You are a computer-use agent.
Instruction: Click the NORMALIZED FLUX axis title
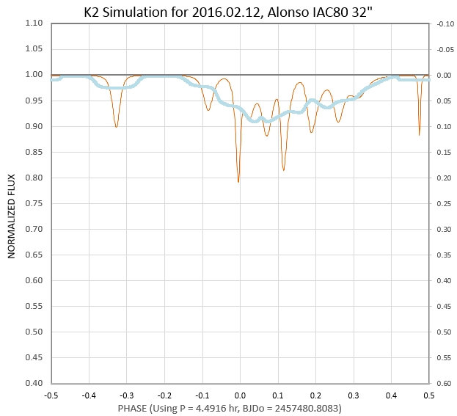coord(12,202)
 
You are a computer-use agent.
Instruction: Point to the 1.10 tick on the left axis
coord(34,23)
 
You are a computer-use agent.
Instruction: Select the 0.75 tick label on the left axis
coord(34,203)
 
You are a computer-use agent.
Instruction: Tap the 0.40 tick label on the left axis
coord(34,383)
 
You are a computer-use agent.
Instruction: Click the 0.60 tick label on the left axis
coord(34,280)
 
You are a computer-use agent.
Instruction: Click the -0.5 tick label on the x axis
coord(51,394)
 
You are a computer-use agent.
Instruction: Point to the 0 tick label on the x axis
coord(240,394)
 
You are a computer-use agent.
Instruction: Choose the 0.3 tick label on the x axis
coord(353,394)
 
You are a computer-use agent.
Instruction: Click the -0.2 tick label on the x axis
coord(164,394)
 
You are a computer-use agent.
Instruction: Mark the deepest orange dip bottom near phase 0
coord(238,181)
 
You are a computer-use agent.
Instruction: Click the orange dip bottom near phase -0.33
coord(116,127)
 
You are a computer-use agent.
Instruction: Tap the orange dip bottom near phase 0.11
coord(283,170)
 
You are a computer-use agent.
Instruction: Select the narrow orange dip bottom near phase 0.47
coord(420,134)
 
